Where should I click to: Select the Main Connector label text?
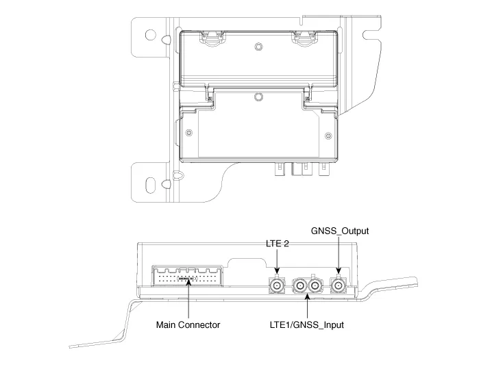point(188,325)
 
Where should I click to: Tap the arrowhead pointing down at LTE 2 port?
point(277,271)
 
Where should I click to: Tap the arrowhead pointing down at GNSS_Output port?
point(339,272)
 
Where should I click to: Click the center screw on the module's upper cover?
point(258,47)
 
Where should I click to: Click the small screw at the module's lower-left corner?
point(188,131)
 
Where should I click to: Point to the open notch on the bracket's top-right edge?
point(371,30)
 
